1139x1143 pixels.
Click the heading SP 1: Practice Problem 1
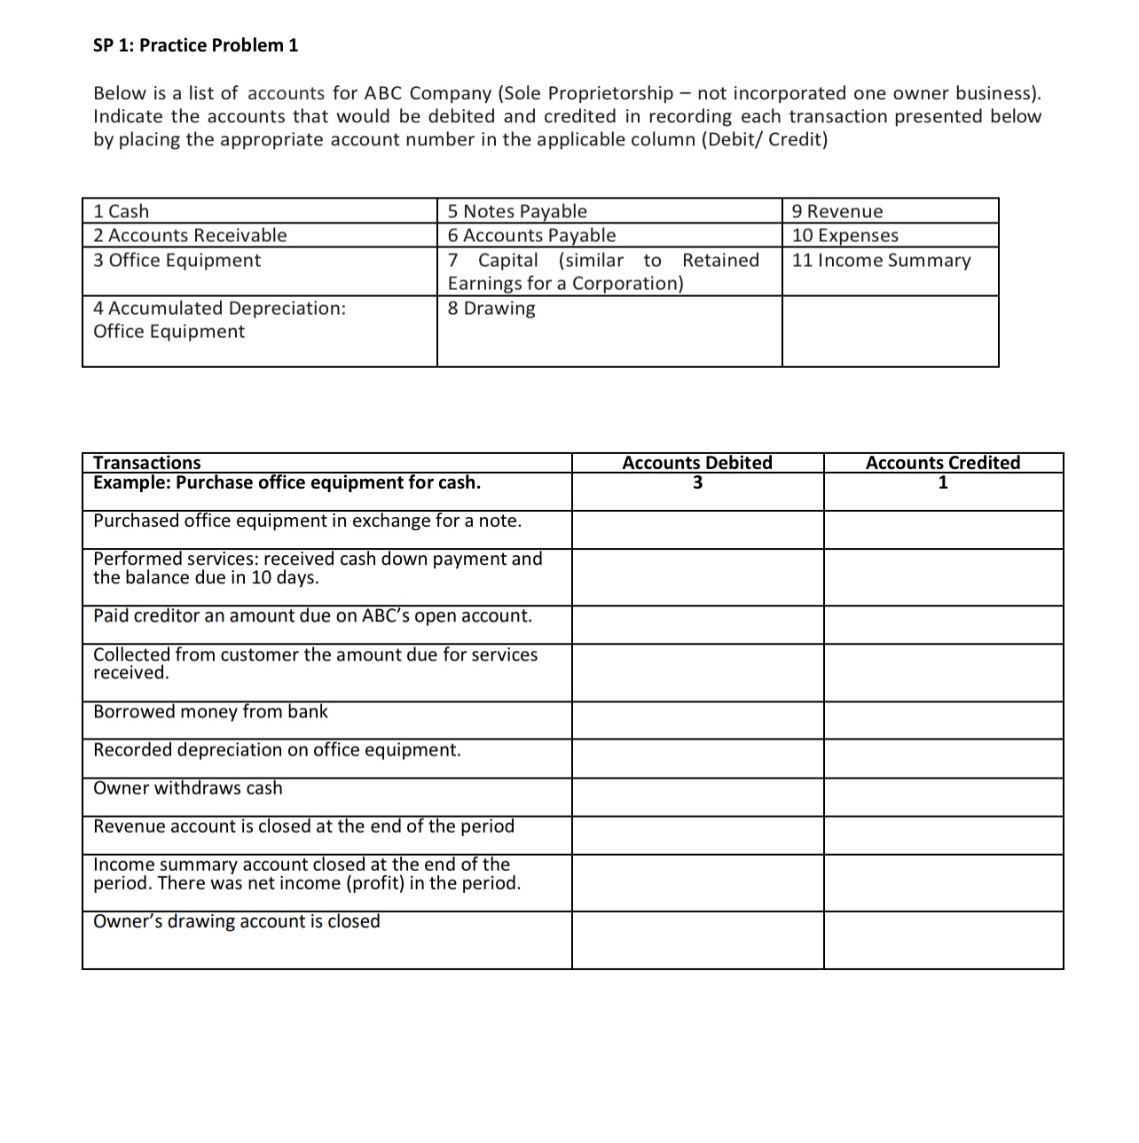pos(195,45)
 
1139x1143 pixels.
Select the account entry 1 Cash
pos(122,211)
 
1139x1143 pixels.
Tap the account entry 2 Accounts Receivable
pos(190,235)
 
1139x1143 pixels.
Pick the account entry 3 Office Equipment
pos(177,260)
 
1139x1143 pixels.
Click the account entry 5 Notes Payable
pos(517,211)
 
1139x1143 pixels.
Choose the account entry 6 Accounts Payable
pos(531,235)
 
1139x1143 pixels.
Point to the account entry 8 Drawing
pos(491,309)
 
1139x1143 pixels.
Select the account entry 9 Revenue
pos(837,211)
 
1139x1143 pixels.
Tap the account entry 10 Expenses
pos(844,235)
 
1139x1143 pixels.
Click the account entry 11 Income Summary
pos(881,260)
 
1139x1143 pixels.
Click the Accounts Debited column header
pos(696,462)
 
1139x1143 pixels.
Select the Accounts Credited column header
pos(942,462)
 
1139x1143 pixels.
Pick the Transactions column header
pos(147,462)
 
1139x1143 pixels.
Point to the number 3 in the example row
pos(697,483)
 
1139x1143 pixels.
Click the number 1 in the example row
pos(943,483)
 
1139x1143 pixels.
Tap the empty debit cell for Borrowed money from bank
pos(697,720)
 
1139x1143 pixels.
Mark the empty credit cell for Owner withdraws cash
pos(943,797)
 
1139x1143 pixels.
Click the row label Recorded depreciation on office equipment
pos(277,750)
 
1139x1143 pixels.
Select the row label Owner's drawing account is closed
pos(237,921)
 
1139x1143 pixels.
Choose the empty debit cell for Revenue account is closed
pos(697,835)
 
